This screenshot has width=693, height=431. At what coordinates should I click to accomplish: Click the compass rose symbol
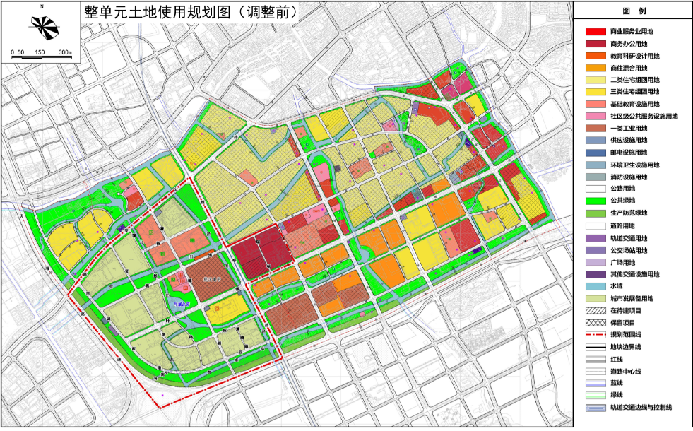tap(42, 28)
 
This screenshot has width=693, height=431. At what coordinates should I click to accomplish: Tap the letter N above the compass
tap(42, 6)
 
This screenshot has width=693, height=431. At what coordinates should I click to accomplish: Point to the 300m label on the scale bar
tap(65, 53)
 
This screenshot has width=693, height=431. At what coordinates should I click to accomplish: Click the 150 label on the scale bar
tap(41, 53)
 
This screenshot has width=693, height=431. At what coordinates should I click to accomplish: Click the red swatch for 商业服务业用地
tap(594, 32)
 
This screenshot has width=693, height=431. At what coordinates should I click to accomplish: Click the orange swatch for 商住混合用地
tap(594, 68)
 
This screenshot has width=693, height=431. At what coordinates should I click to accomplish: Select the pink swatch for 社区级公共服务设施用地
tap(594, 116)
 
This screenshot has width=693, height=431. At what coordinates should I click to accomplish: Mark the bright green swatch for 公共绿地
tap(594, 201)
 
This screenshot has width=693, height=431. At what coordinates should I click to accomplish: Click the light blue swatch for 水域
tap(594, 286)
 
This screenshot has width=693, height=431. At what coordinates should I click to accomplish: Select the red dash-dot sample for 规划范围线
tap(594, 334)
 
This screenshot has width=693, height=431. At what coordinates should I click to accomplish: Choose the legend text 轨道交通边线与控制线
tap(641, 408)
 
